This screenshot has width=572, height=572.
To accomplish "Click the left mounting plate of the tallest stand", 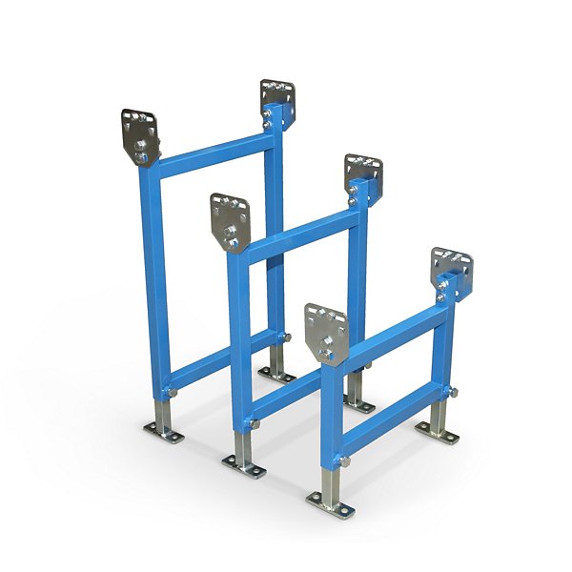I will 139,129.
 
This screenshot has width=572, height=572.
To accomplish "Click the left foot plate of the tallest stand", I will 164,434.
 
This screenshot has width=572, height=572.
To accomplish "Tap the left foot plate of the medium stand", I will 243,465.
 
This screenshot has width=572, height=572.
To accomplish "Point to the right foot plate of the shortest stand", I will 438,432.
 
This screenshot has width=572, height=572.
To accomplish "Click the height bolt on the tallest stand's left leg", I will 170,393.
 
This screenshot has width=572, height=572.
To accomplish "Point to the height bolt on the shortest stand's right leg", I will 454,392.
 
